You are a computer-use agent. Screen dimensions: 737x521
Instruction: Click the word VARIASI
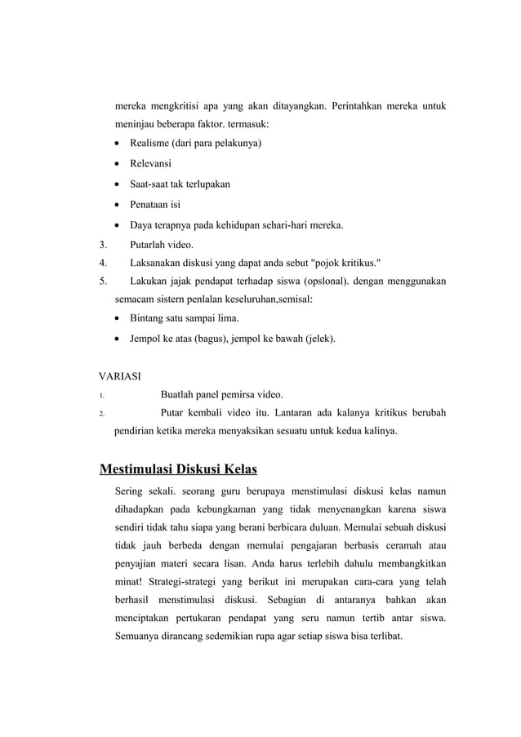click(119, 376)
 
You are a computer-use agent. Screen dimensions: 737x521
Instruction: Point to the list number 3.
click(102, 243)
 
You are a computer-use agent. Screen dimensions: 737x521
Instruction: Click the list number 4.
click(102, 263)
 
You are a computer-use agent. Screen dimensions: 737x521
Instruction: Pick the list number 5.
click(102, 282)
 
